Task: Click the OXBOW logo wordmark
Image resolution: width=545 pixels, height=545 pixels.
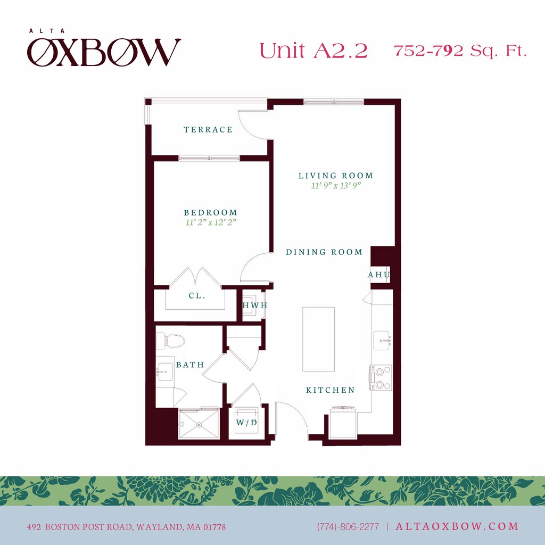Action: pos(104,52)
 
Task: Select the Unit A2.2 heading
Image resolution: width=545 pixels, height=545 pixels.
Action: pos(313,51)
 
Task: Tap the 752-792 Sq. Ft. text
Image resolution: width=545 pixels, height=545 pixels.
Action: pos(460,51)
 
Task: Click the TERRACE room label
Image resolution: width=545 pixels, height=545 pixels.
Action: pos(208,129)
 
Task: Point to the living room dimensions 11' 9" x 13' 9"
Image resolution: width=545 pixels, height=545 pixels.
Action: pos(336,186)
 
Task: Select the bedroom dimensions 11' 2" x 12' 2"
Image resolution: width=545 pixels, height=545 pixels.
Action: pos(211,222)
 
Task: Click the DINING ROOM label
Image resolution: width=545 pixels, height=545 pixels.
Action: pos(324,252)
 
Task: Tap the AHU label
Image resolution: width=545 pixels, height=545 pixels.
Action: pos(379,275)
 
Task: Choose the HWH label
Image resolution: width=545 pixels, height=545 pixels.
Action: pos(254,305)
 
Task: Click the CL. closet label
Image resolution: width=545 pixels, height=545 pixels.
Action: pos(197,295)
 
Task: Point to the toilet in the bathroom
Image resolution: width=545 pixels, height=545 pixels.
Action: pos(174,339)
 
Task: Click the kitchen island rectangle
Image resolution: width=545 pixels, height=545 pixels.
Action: pos(318,338)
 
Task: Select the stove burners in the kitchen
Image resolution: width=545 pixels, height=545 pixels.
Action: pos(381,377)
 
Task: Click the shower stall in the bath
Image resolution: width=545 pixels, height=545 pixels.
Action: pos(199,424)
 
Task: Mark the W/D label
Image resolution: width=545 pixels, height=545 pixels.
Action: pos(246,423)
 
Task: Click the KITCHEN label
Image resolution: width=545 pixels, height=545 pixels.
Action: pos(330,390)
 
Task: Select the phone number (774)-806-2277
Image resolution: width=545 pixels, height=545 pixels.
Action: pos(348,527)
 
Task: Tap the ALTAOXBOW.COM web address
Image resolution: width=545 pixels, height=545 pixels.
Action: pos(456,526)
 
